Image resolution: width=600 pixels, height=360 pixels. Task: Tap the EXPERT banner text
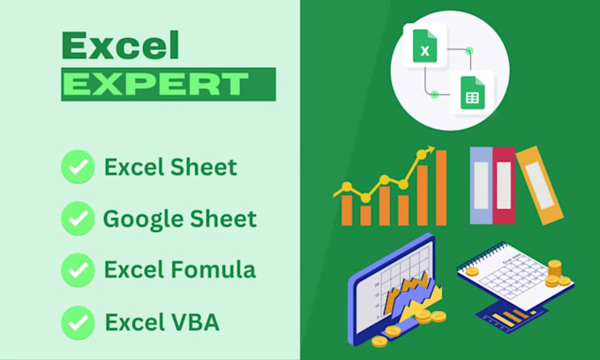(156, 84)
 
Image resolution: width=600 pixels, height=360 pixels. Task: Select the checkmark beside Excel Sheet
(78, 166)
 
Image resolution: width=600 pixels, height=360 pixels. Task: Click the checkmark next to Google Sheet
(78, 217)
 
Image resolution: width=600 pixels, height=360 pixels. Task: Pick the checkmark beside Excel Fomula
(78, 269)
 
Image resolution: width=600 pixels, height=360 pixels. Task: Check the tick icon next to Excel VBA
(78, 320)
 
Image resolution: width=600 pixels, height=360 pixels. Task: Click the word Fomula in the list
(209, 269)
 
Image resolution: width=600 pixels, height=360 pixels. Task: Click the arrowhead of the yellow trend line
(431, 151)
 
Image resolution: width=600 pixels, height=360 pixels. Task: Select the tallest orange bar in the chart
(441, 187)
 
